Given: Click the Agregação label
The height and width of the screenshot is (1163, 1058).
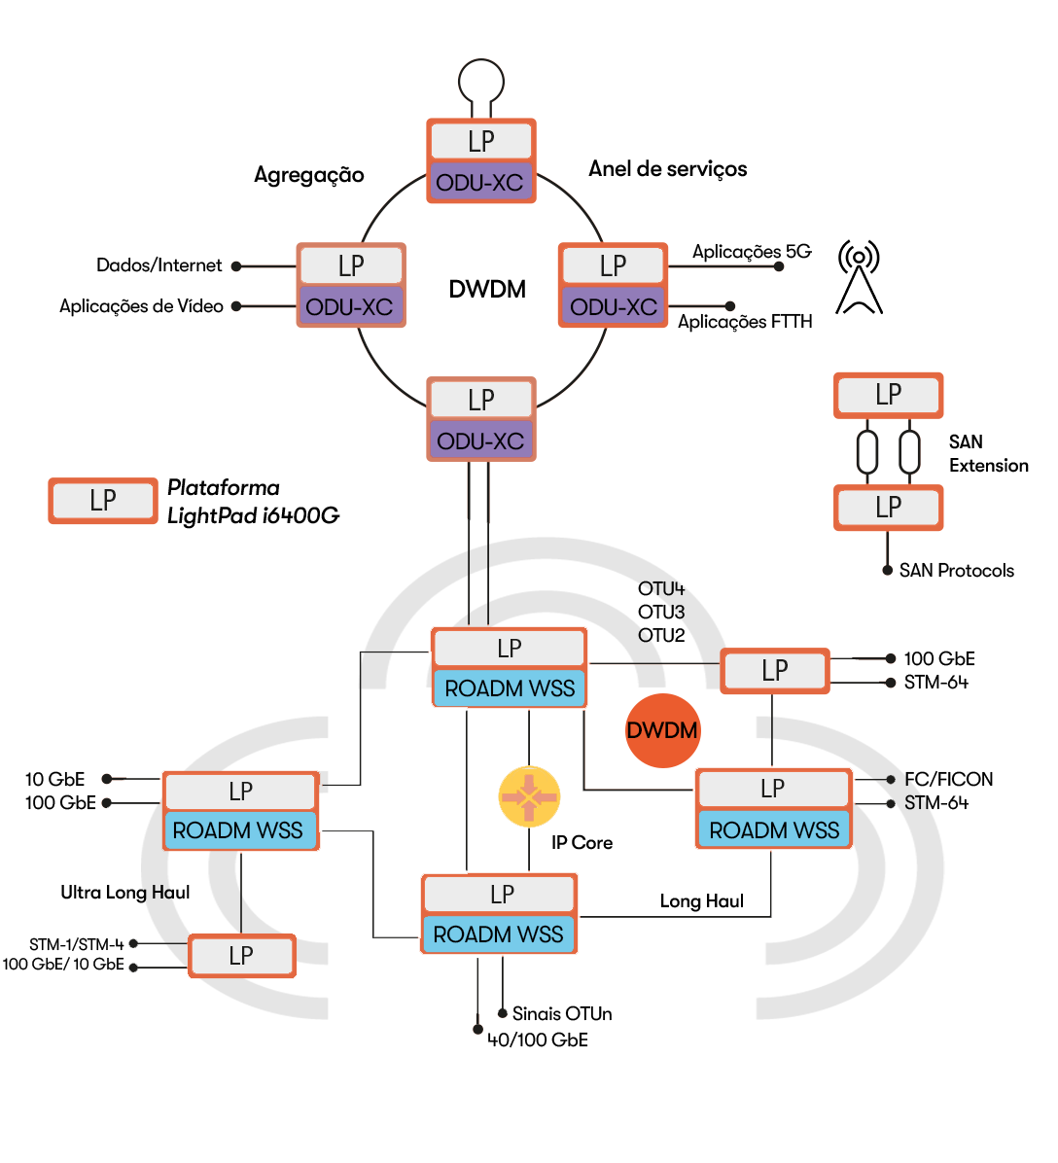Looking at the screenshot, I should [309, 175].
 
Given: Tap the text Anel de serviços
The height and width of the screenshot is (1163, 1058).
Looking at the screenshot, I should [667, 169].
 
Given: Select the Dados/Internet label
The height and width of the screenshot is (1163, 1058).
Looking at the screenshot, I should [159, 265].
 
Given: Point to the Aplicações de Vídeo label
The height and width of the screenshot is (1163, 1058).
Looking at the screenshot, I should [141, 306].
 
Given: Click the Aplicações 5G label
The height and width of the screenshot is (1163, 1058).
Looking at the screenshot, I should [751, 252].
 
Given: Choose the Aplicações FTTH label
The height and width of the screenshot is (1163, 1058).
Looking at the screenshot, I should [745, 322].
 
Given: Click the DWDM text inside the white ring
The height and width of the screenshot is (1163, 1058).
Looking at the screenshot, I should [487, 289].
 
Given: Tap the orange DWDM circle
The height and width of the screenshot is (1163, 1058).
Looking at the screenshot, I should [661, 730].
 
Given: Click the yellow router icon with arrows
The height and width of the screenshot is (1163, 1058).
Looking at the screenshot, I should [529, 797].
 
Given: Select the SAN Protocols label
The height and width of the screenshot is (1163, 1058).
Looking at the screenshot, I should [956, 571].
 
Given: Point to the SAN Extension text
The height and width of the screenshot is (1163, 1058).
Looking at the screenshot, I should [988, 454].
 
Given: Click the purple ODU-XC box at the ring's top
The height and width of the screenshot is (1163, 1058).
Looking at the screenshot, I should [480, 183].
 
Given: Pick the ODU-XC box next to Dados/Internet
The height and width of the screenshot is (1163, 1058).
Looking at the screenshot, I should [350, 307].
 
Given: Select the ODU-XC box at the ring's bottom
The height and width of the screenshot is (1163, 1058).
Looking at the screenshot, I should [481, 441].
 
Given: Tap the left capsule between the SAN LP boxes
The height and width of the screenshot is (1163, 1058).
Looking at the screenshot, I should [867, 451].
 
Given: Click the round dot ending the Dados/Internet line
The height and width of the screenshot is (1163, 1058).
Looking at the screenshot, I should [236, 266].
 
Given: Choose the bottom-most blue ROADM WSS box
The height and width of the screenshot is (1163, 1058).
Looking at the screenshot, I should [499, 934].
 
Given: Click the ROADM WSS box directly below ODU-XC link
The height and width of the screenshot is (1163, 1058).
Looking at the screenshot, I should [510, 688].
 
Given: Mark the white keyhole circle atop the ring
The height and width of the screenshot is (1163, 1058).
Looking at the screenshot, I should [481, 80].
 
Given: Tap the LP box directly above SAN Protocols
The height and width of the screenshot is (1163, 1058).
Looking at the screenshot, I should [889, 508].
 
